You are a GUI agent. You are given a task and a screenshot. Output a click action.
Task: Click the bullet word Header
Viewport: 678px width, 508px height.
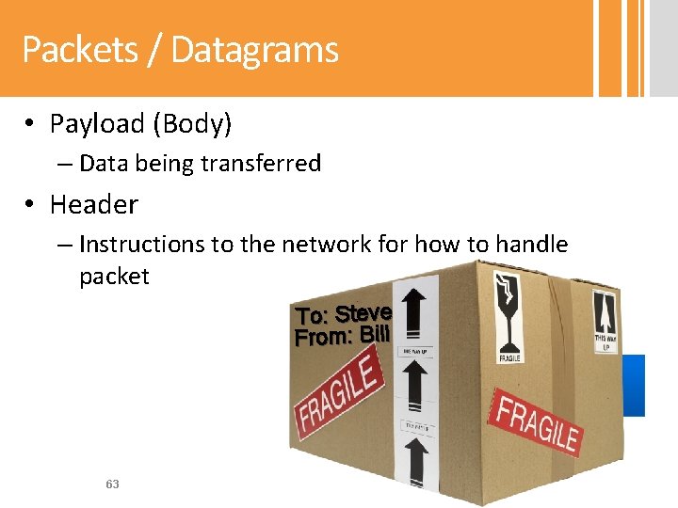pos(94,204)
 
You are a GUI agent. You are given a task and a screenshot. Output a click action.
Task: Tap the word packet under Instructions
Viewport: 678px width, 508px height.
pos(114,277)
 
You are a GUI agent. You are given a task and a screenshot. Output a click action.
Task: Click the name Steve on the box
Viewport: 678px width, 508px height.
pos(363,312)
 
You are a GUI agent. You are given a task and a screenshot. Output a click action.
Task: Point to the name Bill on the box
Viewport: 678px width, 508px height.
pos(375,332)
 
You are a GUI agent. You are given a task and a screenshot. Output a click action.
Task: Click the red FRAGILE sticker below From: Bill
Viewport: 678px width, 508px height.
pos(338,399)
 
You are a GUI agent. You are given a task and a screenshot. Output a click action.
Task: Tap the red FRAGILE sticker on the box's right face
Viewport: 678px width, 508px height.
pos(537,424)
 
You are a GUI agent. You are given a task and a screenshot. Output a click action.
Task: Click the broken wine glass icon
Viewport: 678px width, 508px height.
pos(509,306)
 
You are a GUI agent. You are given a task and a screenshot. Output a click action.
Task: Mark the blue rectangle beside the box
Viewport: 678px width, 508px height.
pos(634,385)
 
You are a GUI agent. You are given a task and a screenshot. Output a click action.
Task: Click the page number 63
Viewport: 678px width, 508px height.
pos(112,484)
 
